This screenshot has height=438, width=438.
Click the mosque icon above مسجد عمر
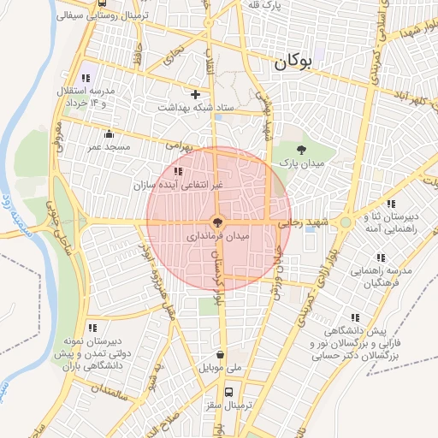click(x=109, y=133)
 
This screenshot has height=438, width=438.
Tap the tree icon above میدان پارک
click(x=299, y=150)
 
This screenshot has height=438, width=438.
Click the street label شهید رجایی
click(x=311, y=222)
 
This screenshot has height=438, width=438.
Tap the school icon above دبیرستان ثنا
click(x=390, y=203)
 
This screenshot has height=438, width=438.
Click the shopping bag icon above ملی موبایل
click(x=221, y=354)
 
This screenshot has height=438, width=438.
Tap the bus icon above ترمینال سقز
click(x=228, y=392)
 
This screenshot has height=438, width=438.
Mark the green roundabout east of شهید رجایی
click(x=345, y=222)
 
